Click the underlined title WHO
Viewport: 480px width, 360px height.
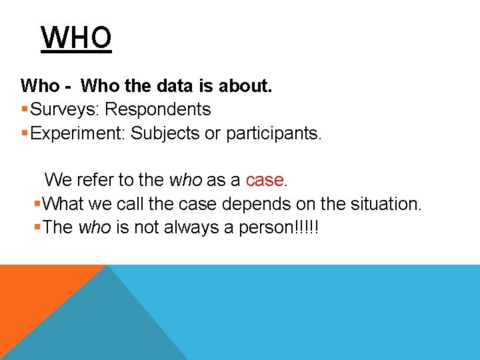tap(76, 38)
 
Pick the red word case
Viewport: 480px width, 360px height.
tap(265, 180)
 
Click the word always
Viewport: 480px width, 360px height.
tap(194, 227)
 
